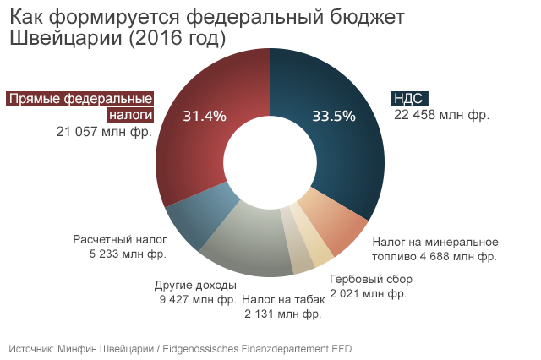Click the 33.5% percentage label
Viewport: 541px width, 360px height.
point(333,117)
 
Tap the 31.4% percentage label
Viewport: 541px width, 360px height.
point(205,117)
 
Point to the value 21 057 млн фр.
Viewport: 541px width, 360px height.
point(104,131)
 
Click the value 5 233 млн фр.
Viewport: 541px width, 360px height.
point(128,254)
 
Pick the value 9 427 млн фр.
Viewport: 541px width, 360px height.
point(197,299)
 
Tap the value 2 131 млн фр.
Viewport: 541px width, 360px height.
point(282,314)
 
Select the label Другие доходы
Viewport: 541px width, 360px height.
point(195,285)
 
